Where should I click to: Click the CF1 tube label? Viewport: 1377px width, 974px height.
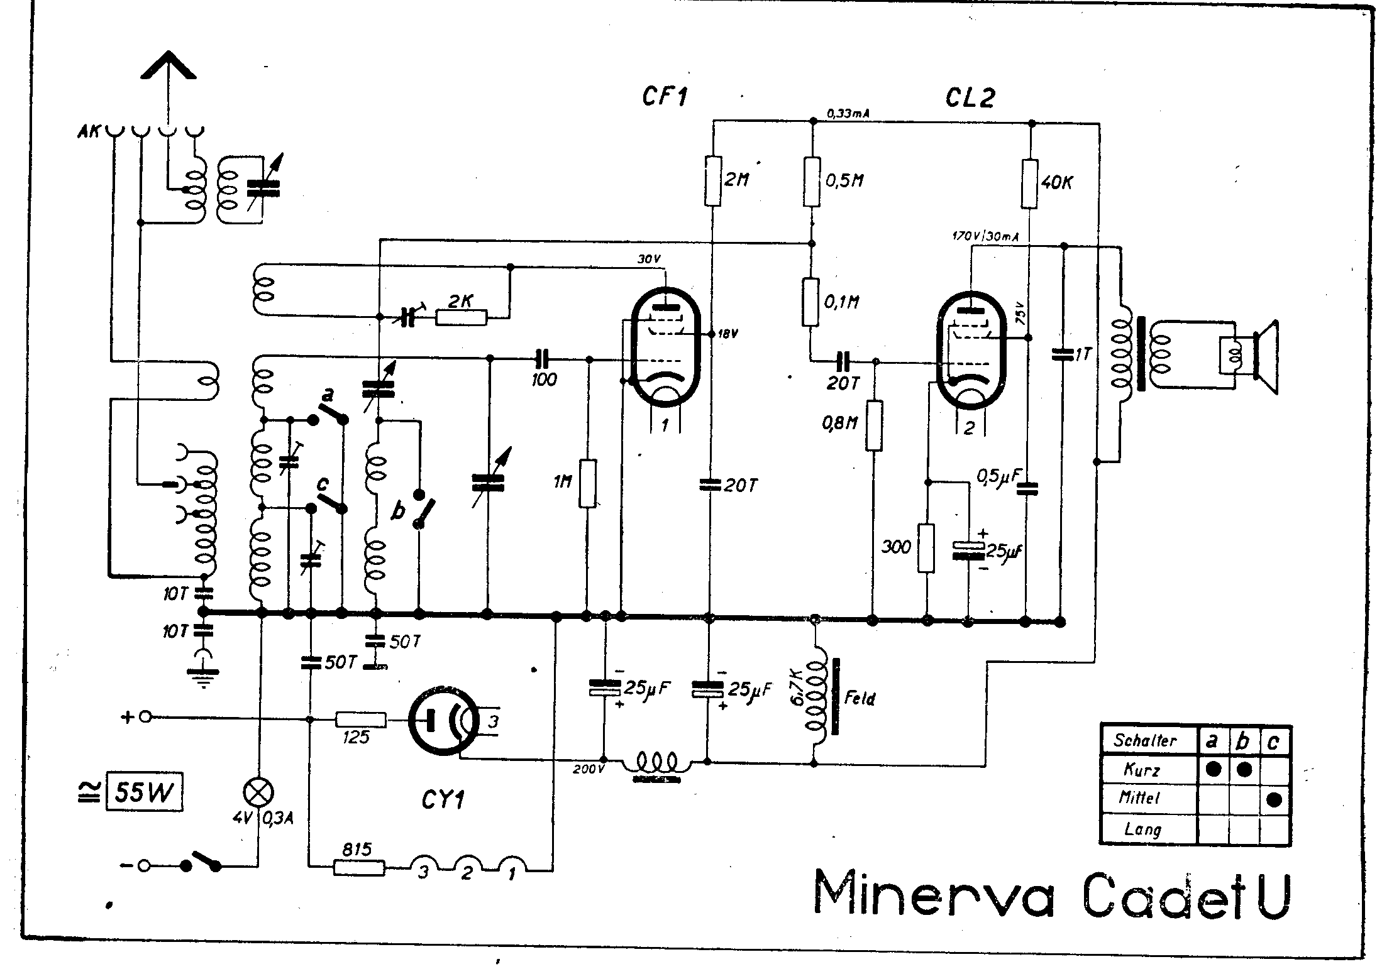click(x=664, y=97)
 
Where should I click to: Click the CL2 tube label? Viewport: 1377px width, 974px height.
click(x=970, y=97)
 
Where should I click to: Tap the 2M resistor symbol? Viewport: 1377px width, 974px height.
click(x=712, y=181)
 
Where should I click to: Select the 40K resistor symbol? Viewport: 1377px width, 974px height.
click(x=1029, y=183)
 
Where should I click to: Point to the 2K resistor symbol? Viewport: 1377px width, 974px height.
click(x=462, y=318)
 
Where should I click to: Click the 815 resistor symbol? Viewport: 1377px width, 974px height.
click(x=358, y=868)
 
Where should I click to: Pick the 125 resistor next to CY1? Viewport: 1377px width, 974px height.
click(x=361, y=720)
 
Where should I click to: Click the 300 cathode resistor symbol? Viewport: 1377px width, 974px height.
click(x=926, y=548)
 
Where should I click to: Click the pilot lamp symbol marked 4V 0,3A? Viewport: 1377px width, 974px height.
click(x=258, y=793)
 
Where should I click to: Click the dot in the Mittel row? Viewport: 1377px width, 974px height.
click(x=1274, y=799)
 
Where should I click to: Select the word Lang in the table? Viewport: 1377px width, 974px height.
click(x=1142, y=829)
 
